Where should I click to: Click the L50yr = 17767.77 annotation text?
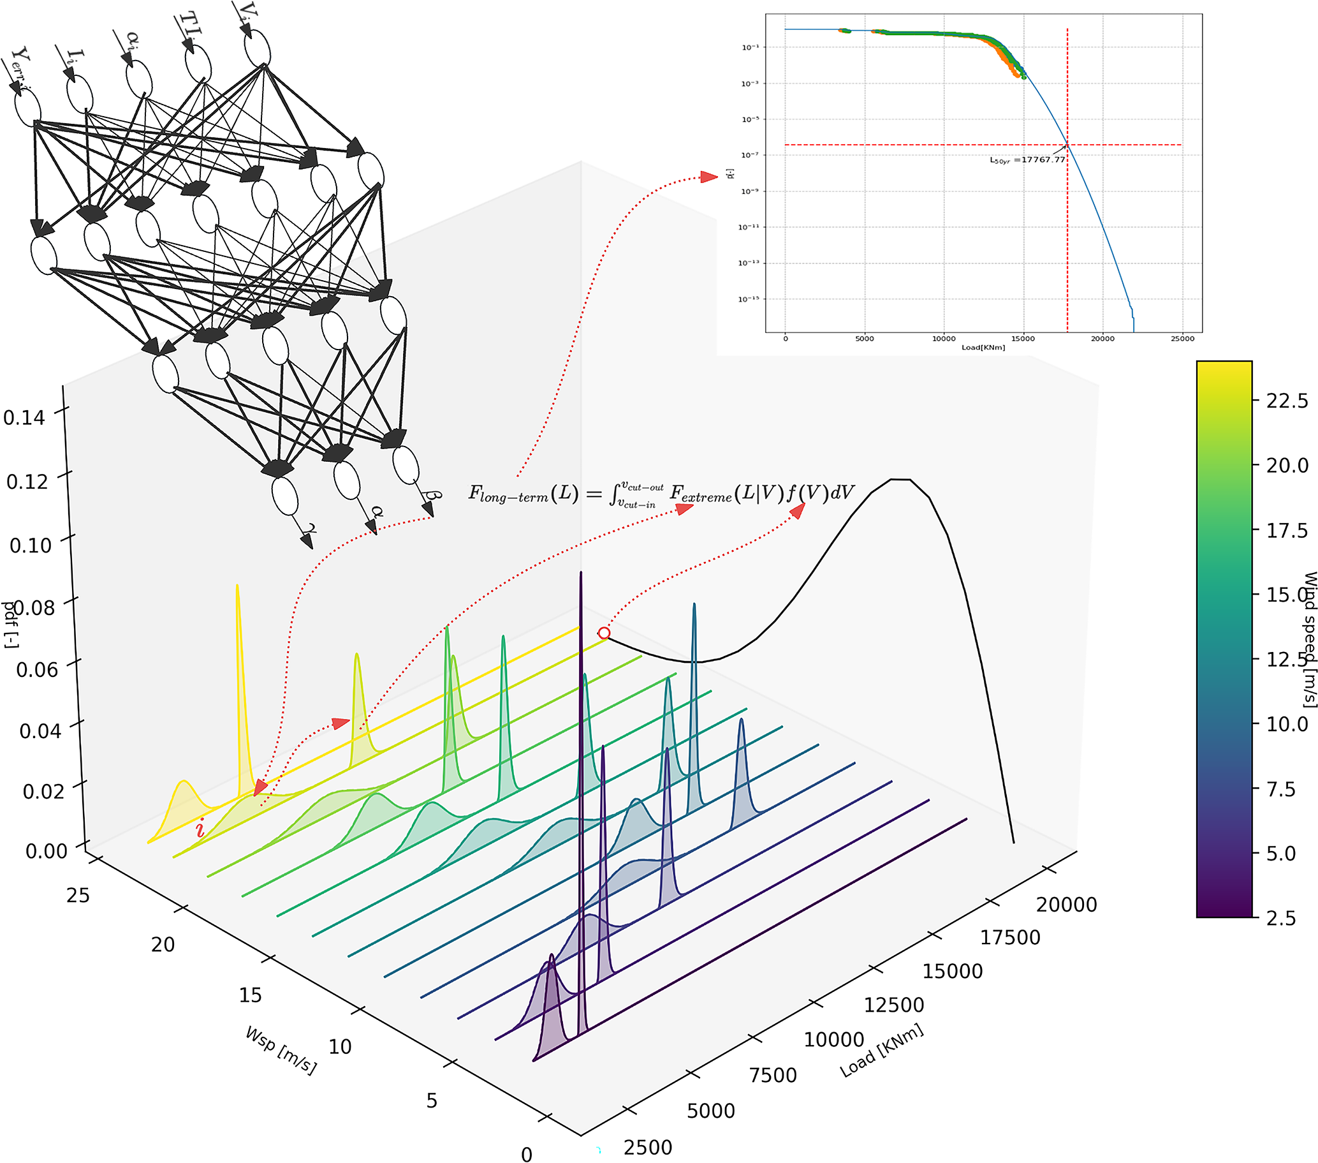point(1027,160)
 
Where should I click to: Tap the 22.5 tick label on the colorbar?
point(1287,401)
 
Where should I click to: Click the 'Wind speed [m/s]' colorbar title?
point(1310,639)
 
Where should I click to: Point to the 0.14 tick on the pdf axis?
point(24,417)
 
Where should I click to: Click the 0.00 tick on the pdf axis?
point(46,851)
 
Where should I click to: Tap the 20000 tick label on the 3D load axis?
point(1066,905)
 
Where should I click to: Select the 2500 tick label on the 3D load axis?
point(647,1148)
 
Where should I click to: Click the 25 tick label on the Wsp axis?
point(78,895)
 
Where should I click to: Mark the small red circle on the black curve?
point(604,633)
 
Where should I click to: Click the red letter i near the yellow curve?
point(200,827)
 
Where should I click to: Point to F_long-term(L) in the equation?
point(523,494)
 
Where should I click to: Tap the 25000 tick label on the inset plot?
point(1182,339)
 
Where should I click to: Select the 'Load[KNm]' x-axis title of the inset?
point(983,348)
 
